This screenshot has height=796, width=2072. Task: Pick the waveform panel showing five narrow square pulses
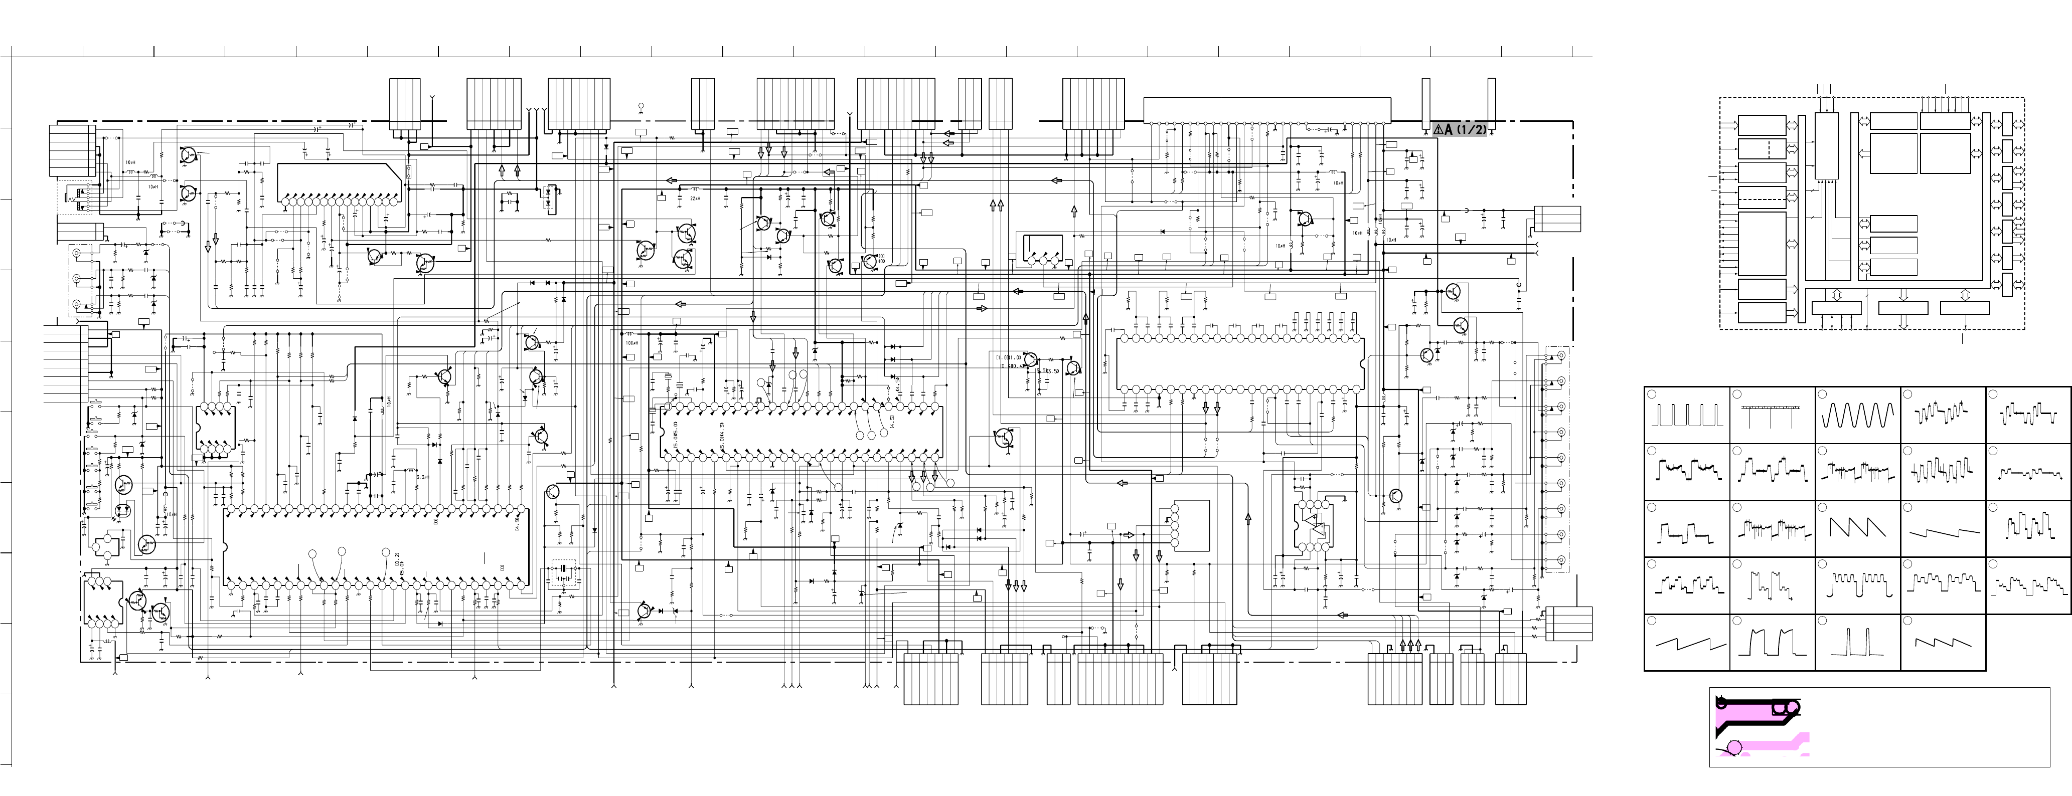point(1687,415)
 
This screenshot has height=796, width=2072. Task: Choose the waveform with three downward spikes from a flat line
point(1772,415)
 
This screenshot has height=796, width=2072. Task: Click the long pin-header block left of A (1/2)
point(1267,110)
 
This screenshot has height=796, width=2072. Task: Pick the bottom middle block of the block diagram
point(1903,307)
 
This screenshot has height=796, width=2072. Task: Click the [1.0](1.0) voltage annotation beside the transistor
point(1008,356)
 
